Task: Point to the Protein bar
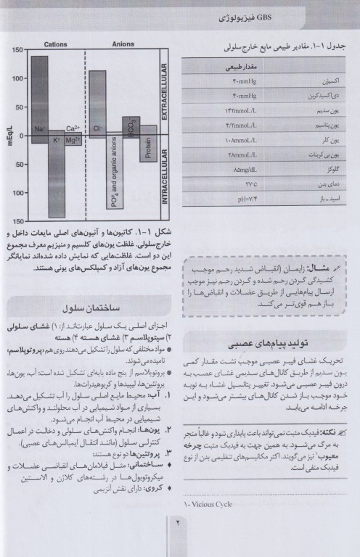point(148,145)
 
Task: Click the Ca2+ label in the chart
point(73,128)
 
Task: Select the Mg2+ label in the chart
point(73,140)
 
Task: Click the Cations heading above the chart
point(55,44)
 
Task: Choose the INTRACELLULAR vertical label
point(165,178)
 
